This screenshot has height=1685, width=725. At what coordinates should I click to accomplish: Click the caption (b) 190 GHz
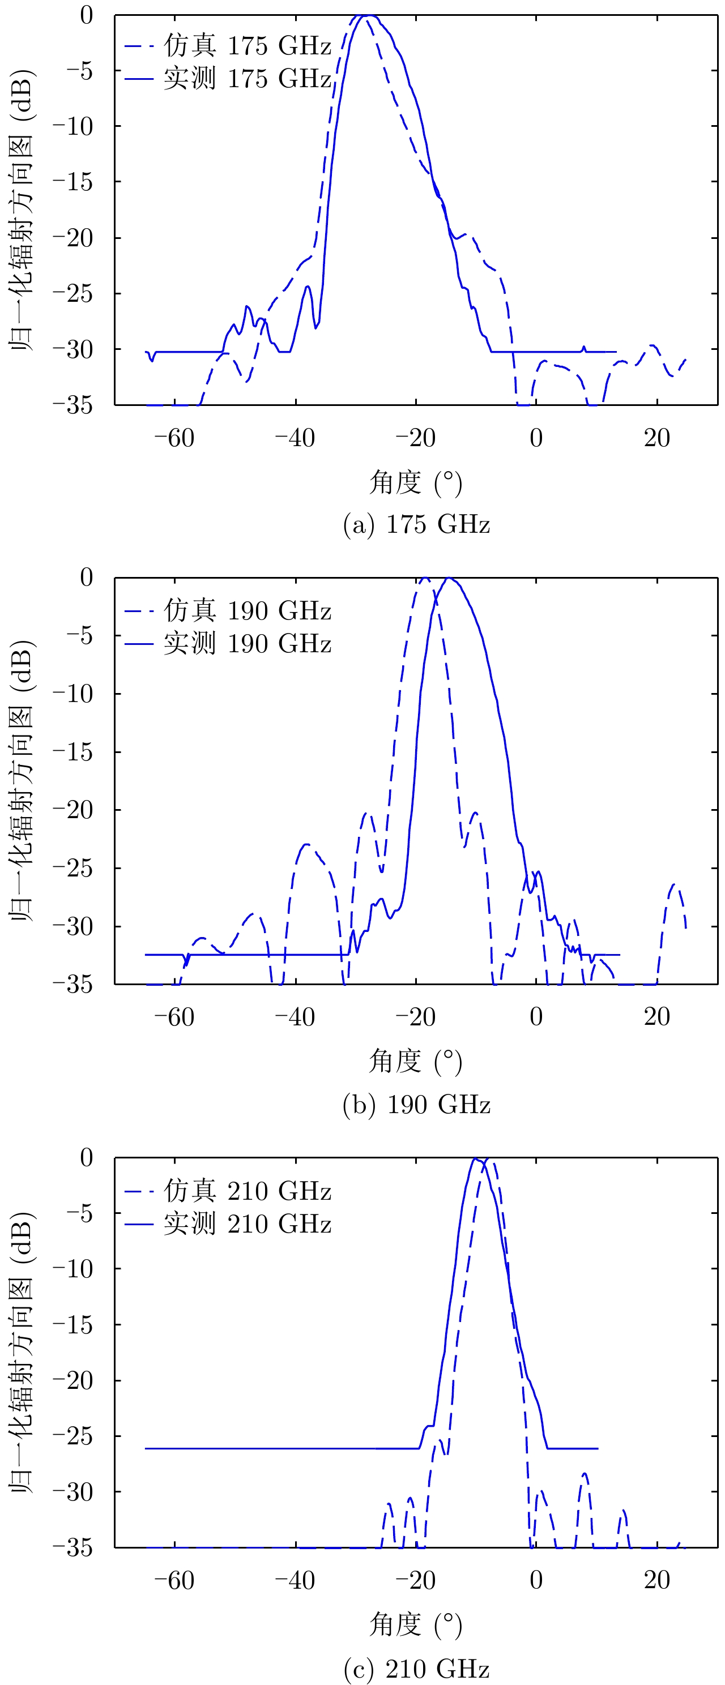[416, 1105]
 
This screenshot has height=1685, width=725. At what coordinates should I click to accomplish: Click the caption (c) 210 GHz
[416, 1669]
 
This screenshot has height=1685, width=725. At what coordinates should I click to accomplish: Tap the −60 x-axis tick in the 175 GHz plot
[174, 438]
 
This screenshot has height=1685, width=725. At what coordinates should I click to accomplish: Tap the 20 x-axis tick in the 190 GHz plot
[656, 1017]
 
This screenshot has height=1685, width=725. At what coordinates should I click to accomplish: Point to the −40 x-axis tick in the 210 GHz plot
[295, 1580]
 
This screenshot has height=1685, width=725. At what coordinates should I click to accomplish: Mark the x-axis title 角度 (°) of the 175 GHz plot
[416, 483]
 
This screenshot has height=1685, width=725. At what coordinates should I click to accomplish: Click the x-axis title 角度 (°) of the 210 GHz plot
[416, 1625]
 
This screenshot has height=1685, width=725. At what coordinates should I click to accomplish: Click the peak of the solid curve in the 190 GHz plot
[449, 578]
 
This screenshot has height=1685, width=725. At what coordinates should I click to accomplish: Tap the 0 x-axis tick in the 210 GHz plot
[536, 1580]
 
